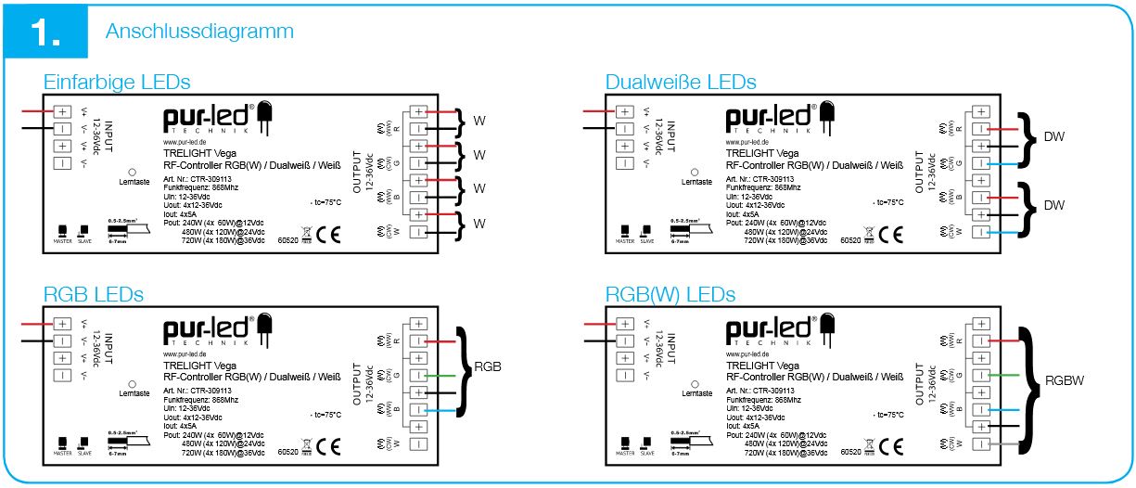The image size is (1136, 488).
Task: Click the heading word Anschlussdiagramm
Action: pos(199,32)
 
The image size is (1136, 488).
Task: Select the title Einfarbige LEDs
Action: pos(117,82)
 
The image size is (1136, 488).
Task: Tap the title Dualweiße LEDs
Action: pos(680,82)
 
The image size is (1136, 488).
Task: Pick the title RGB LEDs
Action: pos(94,295)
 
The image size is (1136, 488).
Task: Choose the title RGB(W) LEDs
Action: pos(670,295)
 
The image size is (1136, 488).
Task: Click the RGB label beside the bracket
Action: pos(487,366)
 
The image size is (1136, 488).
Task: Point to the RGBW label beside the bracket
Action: pos(1065,379)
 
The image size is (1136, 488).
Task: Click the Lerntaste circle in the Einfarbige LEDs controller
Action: pos(133,172)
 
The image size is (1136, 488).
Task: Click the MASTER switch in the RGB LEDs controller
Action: pos(62,442)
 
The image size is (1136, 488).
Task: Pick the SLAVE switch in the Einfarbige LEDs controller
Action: pos(84,229)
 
